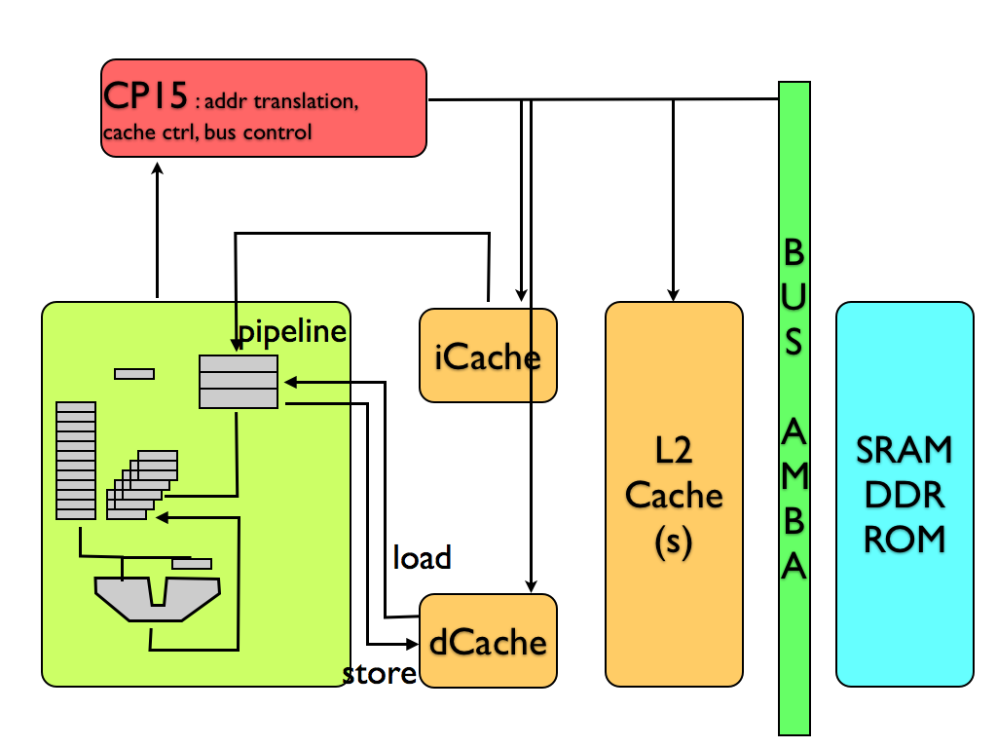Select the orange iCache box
(488, 355)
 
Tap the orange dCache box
(488, 641)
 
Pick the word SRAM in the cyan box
(905, 450)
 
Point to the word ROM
(905, 539)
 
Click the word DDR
(905, 495)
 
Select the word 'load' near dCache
(422, 558)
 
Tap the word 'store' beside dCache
(380, 674)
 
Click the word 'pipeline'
(293, 331)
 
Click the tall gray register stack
(76, 461)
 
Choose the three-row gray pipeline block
(239, 382)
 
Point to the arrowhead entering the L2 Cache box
(673, 294)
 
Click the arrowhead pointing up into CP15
(157, 168)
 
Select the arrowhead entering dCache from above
(530, 586)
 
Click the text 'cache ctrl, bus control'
(206, 132)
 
